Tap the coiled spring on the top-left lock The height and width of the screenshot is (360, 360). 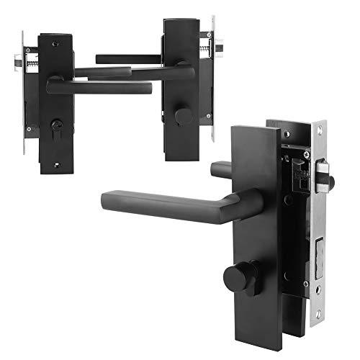[31, 64]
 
